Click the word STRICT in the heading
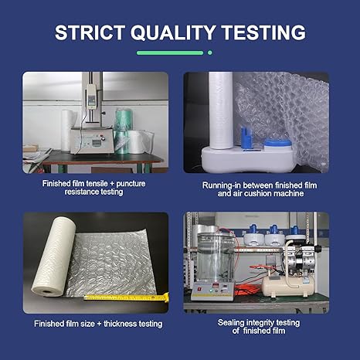[x=90, y=32]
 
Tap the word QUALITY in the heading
[x=173, y=32]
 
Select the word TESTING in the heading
[x=263, y=32]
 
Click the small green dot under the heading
[x=210, y=53]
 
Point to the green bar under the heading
[x=170, y=53]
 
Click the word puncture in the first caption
[x=131, y=184]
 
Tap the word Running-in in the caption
[x=221, y=185]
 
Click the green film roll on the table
[x=123, y=131]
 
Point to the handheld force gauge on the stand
[x=91, y=95]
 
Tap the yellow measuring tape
[x=126, y=297]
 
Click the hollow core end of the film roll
[x=48, y=291]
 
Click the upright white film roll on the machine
[x=221, y=110]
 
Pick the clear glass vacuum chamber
[x=215, y=256]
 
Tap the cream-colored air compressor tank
[x=287, y=285]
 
